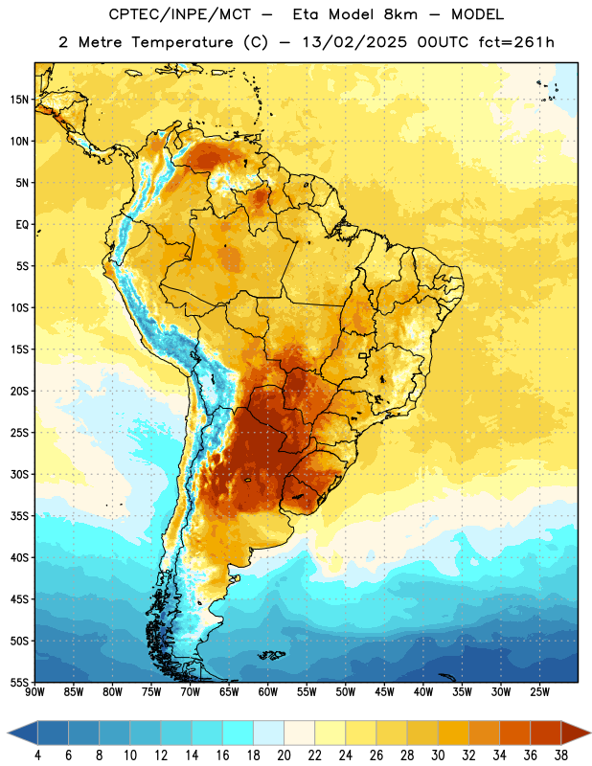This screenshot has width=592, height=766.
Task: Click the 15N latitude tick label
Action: pyautogui.click(x=19, y=100)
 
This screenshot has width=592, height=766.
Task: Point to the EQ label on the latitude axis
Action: pyautogui.click(x=22, y=225)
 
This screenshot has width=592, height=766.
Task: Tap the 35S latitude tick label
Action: pyautogui.click(x=19, y=516)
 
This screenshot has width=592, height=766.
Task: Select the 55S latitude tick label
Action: pyautogui.click(x=19, y=682)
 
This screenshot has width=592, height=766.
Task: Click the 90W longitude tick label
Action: pyautogui.click(x=34, y=692)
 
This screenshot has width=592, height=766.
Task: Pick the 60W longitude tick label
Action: pyautogui.click(x=268, y=692)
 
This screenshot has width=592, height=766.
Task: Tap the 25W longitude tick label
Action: pyautogui.click(x=539, y=692)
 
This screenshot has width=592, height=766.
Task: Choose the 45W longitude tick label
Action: pyautogui.click(x=384, y=692)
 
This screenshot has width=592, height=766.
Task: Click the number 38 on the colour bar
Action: pyautogui.click(x=561, y=755)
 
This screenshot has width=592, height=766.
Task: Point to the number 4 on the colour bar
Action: pyautogui.click(x=37, y=755)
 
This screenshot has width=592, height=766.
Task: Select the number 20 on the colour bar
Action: pyautogui.click(x=284, y=755)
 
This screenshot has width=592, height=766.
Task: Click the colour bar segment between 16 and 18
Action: pyautogui.click(x=239, y=733)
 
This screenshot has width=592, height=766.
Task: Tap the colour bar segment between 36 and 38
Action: pyautogui.click(x=546, y=733)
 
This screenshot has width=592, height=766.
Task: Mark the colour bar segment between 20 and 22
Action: pyautogui.click(x=300, y=733)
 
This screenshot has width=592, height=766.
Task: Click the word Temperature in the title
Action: pyautogui.click(x=182, y=42)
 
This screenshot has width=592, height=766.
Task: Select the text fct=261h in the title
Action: pyautogui.click(x=516, y=42)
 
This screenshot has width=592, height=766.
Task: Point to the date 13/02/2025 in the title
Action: pyautogui.click(x=353, y=42)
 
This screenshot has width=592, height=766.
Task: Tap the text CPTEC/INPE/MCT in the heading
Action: pyautogui.click(x=179, y=14)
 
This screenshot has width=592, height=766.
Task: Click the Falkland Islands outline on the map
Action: pyautogui.click(x=272, y=655)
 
